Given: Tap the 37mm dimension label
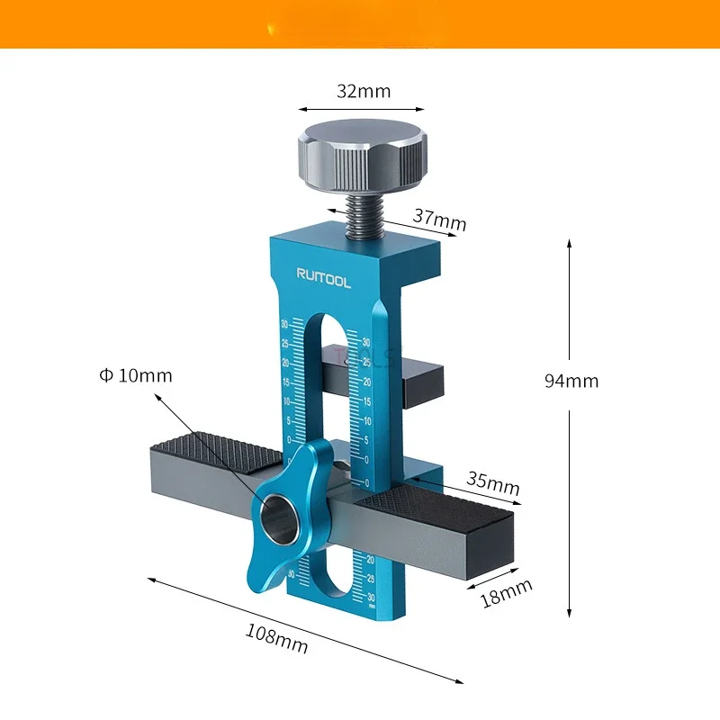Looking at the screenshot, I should pyautogui.click(x=440, y=219).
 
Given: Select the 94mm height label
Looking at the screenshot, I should pyautogui.click(x=571, y=381).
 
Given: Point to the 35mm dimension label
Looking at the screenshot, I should pyautogui.click(x=493, y=483).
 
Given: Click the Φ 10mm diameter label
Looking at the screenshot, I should pyautogui.click(x=136, y=375).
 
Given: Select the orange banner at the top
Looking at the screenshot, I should pyautogui.click(x=360, y=23).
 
